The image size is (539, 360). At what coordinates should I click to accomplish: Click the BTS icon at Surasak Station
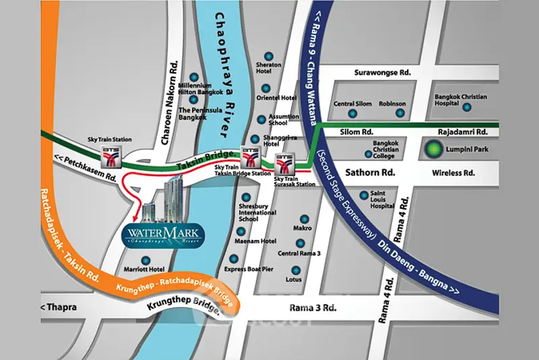(x=284, y=162)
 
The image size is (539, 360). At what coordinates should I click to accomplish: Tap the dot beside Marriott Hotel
(x=144, y=259)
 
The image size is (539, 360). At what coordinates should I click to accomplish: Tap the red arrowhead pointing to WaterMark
(x=135, y=217)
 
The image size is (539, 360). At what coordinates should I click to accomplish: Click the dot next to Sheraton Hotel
(x=269, y=56)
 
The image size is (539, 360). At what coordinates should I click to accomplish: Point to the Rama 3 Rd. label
(x=313, y=307)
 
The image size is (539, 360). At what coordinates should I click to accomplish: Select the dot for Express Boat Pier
(x=234, y=258)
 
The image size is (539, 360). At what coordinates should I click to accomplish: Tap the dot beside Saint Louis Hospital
(x=364, y=196)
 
